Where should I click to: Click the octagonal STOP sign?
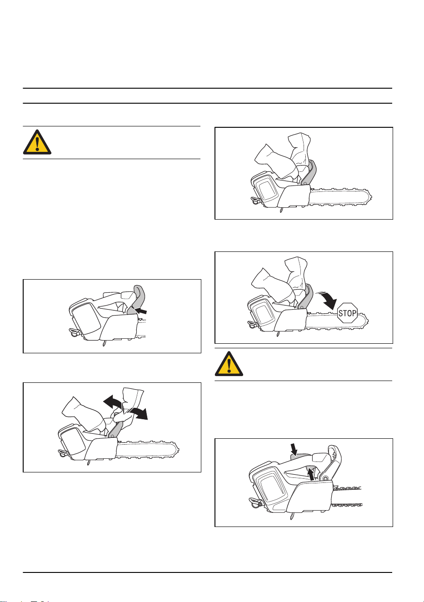347,313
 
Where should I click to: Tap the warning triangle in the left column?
37,142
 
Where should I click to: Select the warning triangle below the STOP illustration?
229,364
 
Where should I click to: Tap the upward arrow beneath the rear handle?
310,474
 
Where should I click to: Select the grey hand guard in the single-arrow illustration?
137,299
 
